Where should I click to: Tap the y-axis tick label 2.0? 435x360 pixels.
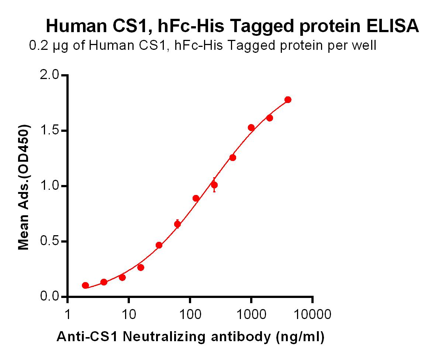[x=49, y=75]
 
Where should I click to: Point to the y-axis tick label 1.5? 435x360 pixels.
[x=49, y=130]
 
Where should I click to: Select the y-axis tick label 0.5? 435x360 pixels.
[x=49, y=241]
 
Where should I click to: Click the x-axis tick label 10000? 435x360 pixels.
[x=313, y=315]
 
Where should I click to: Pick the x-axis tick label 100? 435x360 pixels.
[x=190, y=315]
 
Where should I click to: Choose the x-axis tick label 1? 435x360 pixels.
[x=68, y=315]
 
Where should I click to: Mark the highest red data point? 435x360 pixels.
[x=288, y=100]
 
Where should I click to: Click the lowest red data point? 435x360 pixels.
[x=86, y=285]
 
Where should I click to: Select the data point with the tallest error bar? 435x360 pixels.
[x=214, y=185]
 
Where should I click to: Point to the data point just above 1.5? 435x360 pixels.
[x=251, y=128]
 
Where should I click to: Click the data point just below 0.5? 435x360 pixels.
[x=159, y=245]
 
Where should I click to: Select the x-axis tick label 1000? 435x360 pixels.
[x=251, y=315]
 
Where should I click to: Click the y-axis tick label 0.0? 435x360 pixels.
[x=49, y=296]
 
